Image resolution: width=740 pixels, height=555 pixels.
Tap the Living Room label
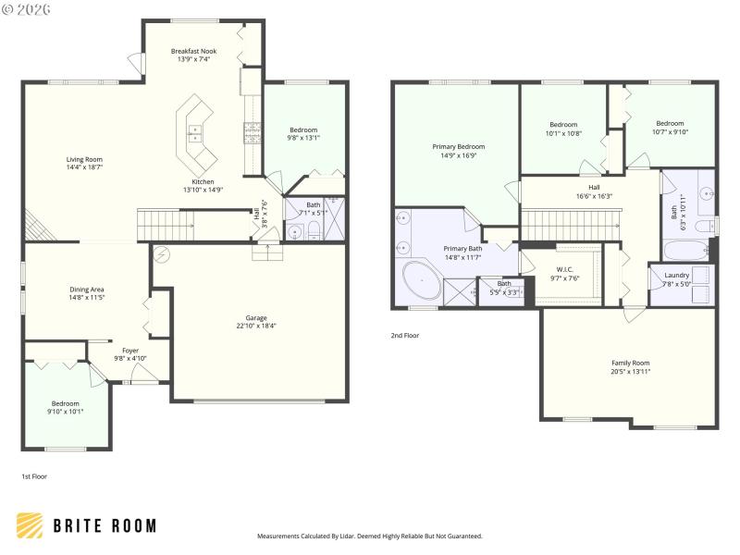[x=84, y=159]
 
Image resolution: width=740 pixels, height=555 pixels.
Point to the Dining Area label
[x=86, y=290]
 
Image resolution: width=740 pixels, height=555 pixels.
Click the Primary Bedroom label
[x=458, y=146]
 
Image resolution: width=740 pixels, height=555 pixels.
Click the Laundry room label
[x=676, y=275]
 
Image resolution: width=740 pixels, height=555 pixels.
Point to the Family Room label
[x=630, y=363]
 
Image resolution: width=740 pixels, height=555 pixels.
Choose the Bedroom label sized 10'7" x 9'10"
[x=670, y=123]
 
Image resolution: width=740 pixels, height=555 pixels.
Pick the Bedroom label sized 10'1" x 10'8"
[x=563, y=125]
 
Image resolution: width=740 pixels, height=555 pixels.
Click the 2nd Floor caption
[x=405, y=336]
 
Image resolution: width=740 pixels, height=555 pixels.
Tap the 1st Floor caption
[x=34, y=476]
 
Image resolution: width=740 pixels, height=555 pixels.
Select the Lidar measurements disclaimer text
[x=369, y=536]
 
